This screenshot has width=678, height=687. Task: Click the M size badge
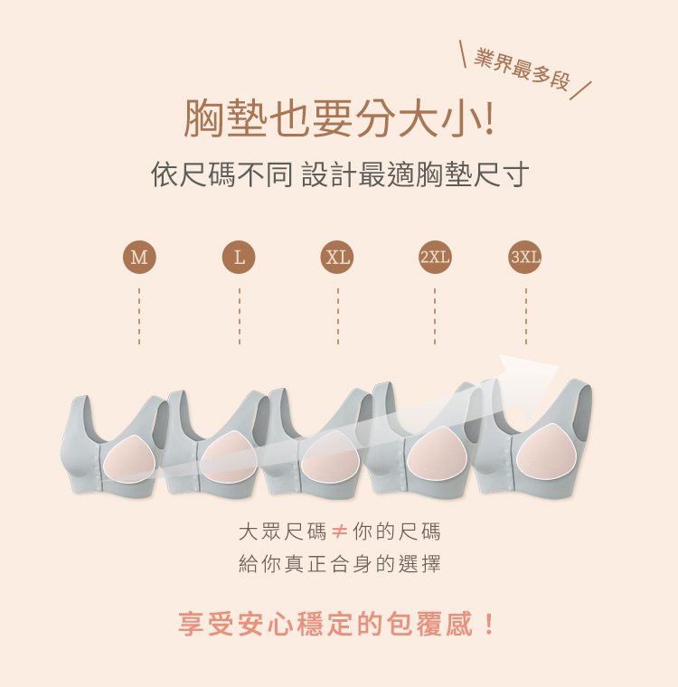coord(139,257)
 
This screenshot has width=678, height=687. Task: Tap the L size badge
coord(239,257)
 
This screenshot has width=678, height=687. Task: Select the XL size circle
coord(337,257)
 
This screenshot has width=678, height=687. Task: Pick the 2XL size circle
coord(435,257)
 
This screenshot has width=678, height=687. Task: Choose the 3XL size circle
coord(525,257)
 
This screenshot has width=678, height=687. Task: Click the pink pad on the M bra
coord(130,459)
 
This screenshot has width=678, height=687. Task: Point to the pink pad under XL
coord(331,456)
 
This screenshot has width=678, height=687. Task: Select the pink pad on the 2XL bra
coord(436,454)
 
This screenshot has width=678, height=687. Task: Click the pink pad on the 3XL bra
coord(546,452)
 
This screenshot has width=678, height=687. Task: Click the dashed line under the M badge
coord(139,315)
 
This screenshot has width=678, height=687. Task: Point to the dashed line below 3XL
coord(526,315)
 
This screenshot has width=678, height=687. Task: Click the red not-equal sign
coord(340,532)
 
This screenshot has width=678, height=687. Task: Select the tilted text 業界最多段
coord(522,70)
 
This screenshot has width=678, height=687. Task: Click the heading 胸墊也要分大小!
coord(339,118)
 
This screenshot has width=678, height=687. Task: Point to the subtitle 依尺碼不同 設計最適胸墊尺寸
coord(340,174)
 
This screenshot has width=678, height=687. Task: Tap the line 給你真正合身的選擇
coord(340,563)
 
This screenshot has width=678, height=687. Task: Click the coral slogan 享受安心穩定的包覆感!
coord(336,624)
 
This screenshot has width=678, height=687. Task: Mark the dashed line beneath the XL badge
coord(338,315)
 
